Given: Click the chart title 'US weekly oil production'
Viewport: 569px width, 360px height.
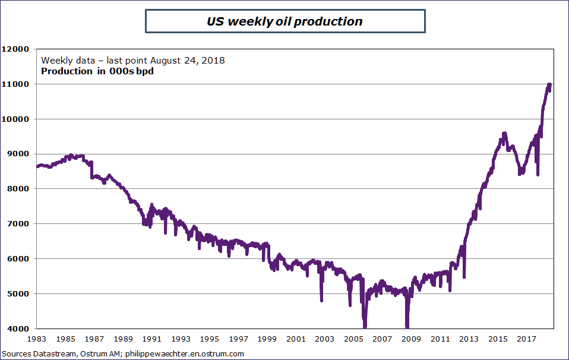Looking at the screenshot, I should click(x=284, y=21).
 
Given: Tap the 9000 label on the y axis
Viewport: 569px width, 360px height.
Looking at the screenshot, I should click(x=17, y=154).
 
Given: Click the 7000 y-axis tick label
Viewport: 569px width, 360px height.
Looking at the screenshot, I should click(x=17, y=224).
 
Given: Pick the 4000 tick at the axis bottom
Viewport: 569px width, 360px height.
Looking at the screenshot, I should click(x=17, y=329).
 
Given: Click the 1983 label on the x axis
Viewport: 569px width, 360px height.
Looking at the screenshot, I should click(x=37, y=339).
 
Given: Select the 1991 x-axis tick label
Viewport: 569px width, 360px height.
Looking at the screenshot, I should click(x=152, y=339).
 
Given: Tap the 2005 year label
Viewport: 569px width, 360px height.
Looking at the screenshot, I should click(x=354, y=339).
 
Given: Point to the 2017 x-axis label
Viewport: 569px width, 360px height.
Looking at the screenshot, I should click(x=527, y=339).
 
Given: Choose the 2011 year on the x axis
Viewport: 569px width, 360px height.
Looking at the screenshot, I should click(x=440, y=339).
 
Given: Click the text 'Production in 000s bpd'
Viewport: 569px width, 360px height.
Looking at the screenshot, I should click(x=93, y=72).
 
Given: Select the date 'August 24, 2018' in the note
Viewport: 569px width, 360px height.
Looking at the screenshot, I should click(x=187, y=61).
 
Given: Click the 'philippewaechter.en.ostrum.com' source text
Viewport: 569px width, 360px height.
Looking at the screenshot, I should click(x=185, y=354).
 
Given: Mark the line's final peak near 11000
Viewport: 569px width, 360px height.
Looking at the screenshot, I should click(x=549, y=84).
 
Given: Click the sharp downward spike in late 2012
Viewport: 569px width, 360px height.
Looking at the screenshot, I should click(x=464, y=276).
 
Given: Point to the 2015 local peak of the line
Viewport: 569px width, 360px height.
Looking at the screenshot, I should click(x=504, y=133).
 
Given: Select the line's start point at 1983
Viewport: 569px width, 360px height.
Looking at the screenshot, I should click(x=37, y=166).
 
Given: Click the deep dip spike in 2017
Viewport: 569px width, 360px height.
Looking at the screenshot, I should click(x=538, y=174).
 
